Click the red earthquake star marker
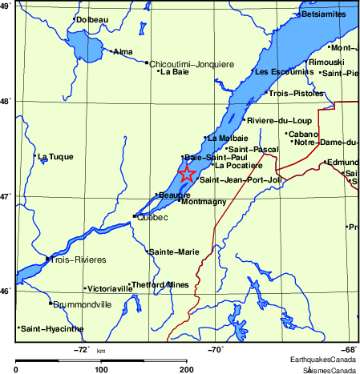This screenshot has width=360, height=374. click(x=186, y=174)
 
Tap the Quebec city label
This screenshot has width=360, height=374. click(x=152, y=217)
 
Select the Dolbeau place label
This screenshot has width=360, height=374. click(x=92, y=19)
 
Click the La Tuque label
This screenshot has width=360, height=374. click(x=55, y=157)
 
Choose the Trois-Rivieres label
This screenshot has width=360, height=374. click(x=79, y=259)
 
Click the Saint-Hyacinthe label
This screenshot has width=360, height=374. click(x=52, y=328)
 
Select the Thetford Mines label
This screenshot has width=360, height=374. click(x=160, y=284)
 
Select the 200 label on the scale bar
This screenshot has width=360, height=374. click(x=187, y=369)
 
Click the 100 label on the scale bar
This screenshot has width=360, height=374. click(x=101, y=369)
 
